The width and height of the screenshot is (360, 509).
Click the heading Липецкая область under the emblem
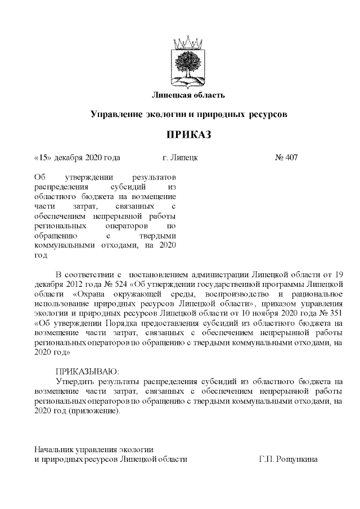coord(189,93)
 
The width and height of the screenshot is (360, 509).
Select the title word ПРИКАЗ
coord(189,135)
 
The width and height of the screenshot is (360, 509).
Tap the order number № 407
coord(286,157)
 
